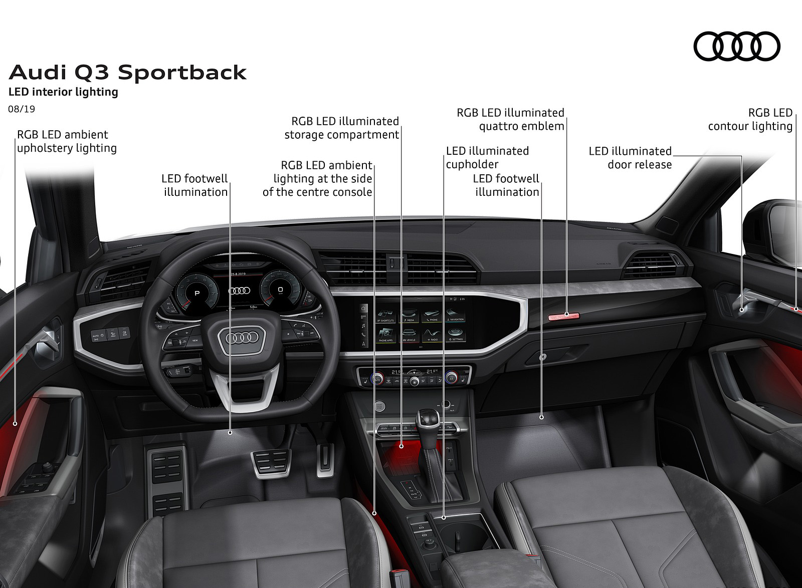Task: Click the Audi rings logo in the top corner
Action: [737, 46]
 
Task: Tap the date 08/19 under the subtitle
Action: [22, 109]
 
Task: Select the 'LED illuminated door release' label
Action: [630, 158]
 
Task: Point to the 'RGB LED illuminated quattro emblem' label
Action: [511, 119]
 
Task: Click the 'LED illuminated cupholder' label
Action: [487, 158]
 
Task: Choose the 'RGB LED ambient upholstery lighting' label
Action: [67, 141]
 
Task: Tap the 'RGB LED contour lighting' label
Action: [750, 119]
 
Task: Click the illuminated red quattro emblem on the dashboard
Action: [564, 317]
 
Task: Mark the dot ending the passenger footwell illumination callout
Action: [542, 417]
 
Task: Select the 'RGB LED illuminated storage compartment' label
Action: [342, 128]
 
